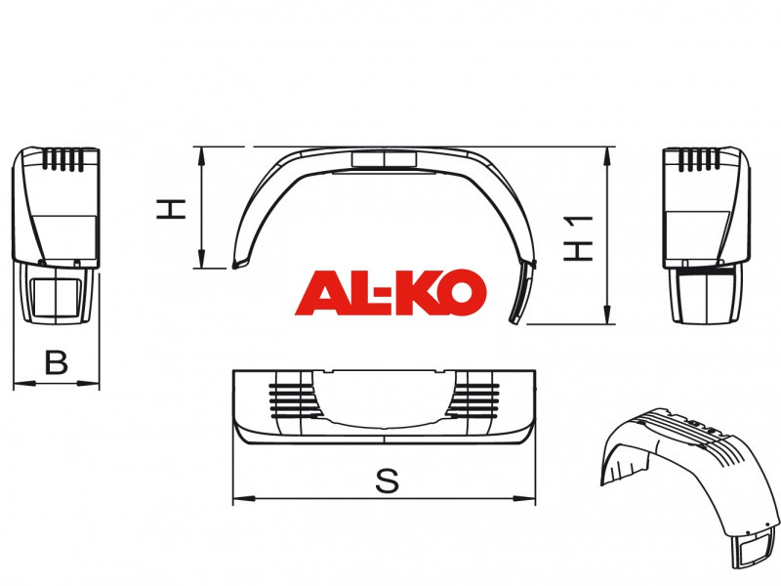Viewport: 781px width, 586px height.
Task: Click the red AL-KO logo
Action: click(390, 292)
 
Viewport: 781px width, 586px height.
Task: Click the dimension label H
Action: click(171, 209)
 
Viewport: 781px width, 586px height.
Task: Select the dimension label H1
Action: click(578, 238)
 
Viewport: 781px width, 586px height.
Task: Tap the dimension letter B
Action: click(56, 362)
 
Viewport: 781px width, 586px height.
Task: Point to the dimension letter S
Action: click(387, 481)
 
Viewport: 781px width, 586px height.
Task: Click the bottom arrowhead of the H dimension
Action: click(201, 258)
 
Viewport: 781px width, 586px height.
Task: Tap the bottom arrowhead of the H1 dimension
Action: click(607, 314)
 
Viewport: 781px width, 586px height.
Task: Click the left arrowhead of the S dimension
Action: click(244, 498)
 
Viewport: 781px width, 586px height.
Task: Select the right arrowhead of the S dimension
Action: click(525, 498)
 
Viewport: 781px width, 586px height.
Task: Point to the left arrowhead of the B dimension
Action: click(23, 383)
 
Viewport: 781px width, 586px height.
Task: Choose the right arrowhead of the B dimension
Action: click(89, 383)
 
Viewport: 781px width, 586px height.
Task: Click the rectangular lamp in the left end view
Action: click(56, 298)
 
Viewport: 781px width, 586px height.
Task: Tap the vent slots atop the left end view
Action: click(62, 159)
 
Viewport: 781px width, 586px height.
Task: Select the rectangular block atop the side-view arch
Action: click(384, 159)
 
